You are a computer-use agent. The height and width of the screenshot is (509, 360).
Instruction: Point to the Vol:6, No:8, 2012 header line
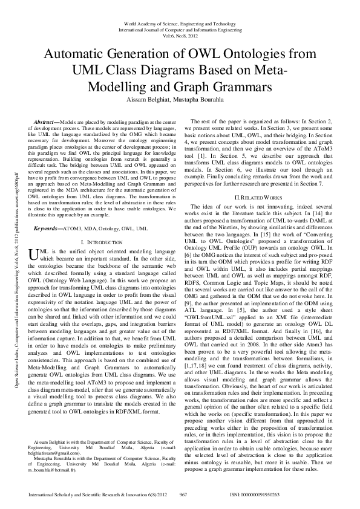[x=180, y=36]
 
